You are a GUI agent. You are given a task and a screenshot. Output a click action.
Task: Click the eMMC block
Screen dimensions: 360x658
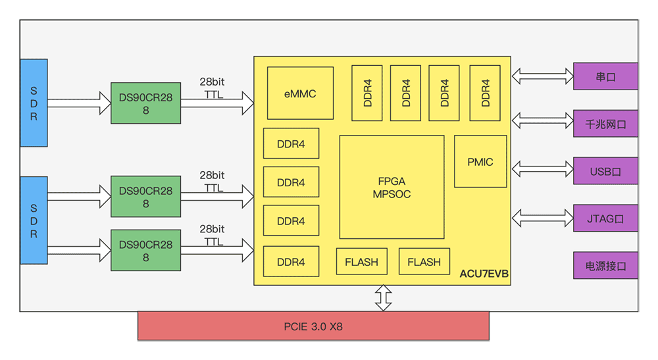point(300,93)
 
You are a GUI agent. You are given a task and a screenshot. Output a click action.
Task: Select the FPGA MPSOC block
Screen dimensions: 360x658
point(392,187)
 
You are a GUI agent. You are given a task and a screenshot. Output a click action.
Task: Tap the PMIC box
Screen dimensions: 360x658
point(480,161)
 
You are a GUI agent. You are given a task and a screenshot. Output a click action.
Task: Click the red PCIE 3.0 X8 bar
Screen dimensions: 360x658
point(313,326)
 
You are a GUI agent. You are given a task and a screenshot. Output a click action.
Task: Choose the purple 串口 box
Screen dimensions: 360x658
point(605,76)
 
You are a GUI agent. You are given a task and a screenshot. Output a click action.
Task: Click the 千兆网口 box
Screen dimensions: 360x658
point(605,123)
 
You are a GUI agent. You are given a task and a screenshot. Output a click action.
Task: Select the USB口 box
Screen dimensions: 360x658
point(605,172)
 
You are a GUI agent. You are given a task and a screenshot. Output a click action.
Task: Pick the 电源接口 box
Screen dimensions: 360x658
point(605,266)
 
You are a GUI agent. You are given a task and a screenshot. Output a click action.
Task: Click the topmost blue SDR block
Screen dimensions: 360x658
point(34,103)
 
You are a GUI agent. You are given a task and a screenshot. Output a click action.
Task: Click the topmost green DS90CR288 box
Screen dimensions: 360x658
point(145,103)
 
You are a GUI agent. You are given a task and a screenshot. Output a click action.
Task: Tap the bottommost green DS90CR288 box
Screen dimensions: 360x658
point(145,251)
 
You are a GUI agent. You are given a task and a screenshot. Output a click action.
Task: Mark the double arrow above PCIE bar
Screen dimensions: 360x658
point(382,297)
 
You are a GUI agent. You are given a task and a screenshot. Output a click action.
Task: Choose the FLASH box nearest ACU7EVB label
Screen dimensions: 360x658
point(424,261)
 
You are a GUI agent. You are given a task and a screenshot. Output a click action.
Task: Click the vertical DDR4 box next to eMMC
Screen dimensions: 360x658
point(367,93)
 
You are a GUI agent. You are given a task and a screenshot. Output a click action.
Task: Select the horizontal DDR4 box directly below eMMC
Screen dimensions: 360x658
point(291,143)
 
